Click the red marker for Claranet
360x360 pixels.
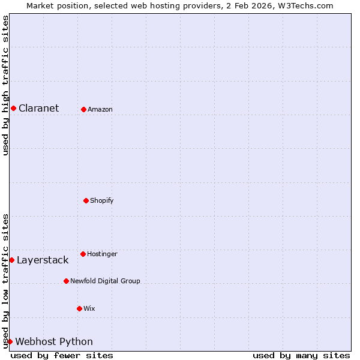[13, 108]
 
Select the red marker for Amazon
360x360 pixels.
[83, 109]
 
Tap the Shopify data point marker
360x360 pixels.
[86, 200]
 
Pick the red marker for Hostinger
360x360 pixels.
[83, 254]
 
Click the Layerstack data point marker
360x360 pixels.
[11, 260]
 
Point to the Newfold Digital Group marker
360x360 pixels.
[66, 281]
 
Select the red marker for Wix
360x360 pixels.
[79, 308]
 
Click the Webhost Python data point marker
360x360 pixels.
[10, 341]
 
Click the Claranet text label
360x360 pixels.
[38, 108]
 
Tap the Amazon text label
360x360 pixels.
[100, 109]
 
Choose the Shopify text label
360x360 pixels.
[102, 200]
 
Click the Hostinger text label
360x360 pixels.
[102, 254]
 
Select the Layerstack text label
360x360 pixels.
[43, 260]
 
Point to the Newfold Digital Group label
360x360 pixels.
[105, 281]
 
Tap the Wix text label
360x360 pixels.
[89, 308]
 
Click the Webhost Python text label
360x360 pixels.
[54, 341]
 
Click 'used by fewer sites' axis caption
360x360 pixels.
[62, 355]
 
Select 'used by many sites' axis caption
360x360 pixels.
[301, 355]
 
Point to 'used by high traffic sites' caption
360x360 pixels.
[5, 85]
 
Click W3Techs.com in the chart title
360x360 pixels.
[305, 5]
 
